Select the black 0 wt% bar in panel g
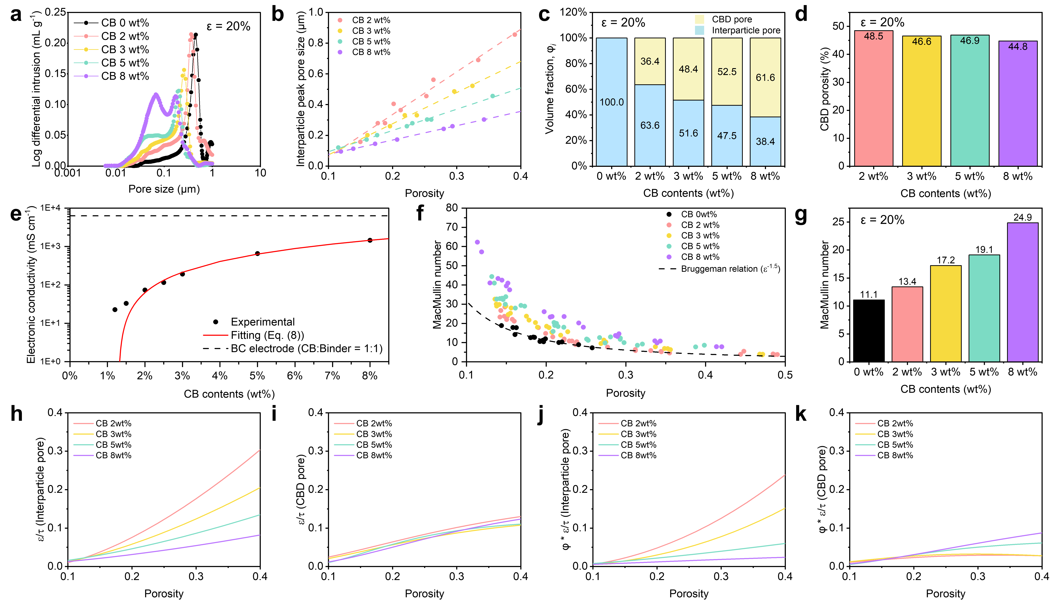coord(868,331)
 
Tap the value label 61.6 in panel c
coord(765,78)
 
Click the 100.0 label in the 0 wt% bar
coord(611,102)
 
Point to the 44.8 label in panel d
coord(1018,46)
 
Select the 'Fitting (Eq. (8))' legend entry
coord(267,335)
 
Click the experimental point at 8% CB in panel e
coord(370,240)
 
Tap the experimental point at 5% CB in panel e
coord(257,253)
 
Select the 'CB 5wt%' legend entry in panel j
coord(638,445)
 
